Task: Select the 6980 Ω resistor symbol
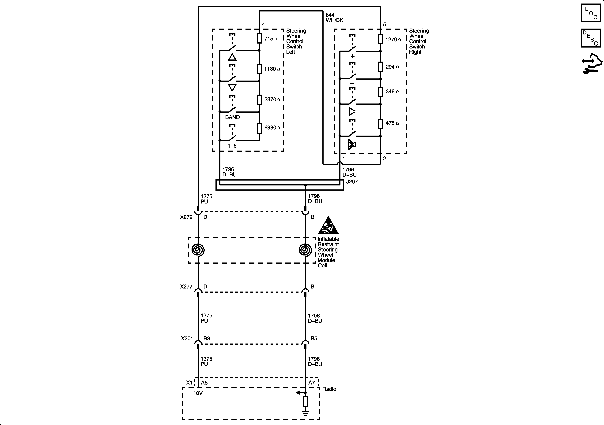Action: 259,129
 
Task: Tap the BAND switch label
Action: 232,117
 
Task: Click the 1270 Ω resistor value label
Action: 393,40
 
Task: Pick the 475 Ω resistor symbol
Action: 380,124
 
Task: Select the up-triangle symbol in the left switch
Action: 232,57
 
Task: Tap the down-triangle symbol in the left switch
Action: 232,87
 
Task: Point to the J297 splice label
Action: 352,182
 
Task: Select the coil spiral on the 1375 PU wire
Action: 198,250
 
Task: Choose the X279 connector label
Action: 186,217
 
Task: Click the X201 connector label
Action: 187,339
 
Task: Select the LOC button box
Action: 591,13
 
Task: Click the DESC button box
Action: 591,38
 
